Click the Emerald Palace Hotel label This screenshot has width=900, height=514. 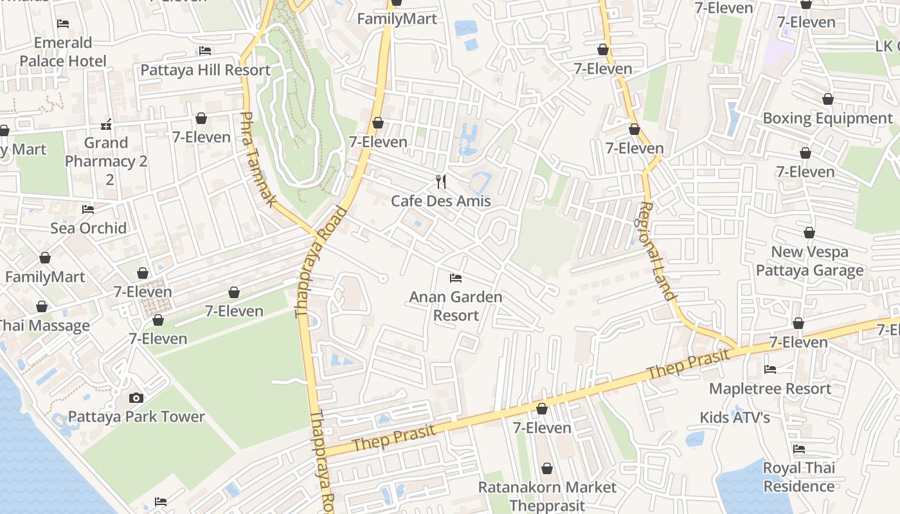click(63, 52)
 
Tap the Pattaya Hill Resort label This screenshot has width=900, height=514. click(205, 70)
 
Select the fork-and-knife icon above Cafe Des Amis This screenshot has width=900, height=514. click(441, 182)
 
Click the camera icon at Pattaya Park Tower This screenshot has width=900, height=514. click(136, 398)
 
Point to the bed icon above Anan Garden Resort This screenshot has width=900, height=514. click(456, 278)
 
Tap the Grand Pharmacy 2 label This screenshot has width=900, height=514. click(106, 161)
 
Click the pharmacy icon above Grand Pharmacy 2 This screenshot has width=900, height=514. click(107, 124)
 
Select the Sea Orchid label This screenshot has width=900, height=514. click(89, 228)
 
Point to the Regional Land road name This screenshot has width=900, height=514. click(657, 251)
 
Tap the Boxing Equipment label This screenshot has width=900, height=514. click(827, 118)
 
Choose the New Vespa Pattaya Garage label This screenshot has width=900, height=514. click(809, 261)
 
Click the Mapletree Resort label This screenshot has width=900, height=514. click(770, 389)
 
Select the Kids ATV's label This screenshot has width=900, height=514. click(735, 418)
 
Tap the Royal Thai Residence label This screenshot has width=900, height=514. click(798, 477)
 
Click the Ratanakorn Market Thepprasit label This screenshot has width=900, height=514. click(547, 496)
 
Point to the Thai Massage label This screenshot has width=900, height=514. click(44, 326)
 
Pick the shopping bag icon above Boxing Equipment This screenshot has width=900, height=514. click(828, 99)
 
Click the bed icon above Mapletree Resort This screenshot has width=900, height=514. click(770, 369)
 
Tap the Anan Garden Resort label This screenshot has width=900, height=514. click(456, 306)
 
